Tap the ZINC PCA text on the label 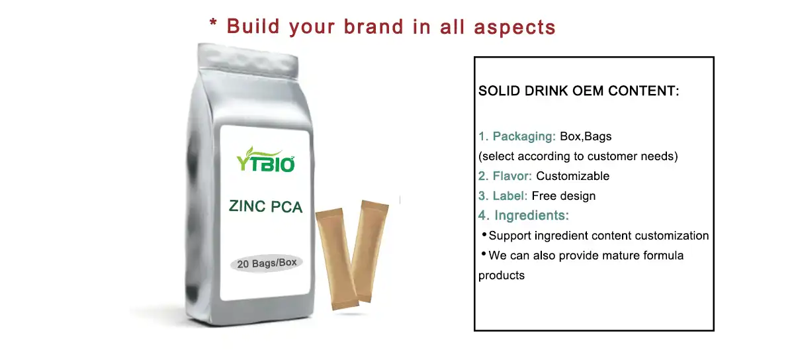point(265,206)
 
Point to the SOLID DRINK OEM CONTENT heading point(579,91)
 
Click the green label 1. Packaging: point(517,136)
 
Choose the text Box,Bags point(586,136)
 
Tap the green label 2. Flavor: point(506,176)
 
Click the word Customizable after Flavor point(572,176)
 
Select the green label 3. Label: point(503,196)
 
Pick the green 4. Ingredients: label point(523,216)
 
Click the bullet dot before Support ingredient point(484,234)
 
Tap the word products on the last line point(502,275)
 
